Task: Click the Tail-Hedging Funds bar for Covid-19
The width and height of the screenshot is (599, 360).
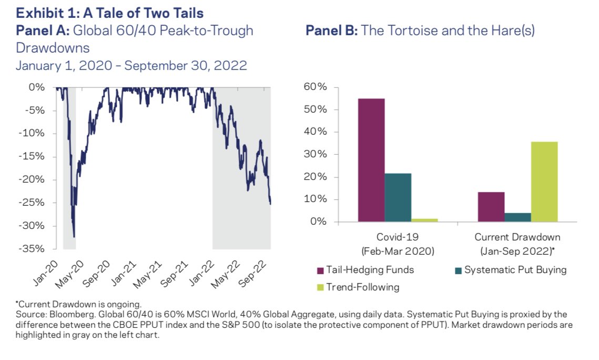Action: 371,160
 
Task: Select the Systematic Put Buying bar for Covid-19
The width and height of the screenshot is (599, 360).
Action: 398,197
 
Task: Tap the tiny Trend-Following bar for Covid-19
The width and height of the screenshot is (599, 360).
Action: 424,219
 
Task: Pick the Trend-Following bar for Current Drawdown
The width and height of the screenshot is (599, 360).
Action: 544,182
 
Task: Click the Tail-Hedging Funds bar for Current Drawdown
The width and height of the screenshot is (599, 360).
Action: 491,207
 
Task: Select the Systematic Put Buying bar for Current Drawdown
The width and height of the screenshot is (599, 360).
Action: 518,217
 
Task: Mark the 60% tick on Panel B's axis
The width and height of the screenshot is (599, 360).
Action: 316,87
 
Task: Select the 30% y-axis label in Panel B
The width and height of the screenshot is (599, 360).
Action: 316,154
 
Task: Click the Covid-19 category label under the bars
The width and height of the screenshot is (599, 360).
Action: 398,237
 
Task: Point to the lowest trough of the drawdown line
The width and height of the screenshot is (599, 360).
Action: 74,237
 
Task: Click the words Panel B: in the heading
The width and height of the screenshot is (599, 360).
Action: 331,31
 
